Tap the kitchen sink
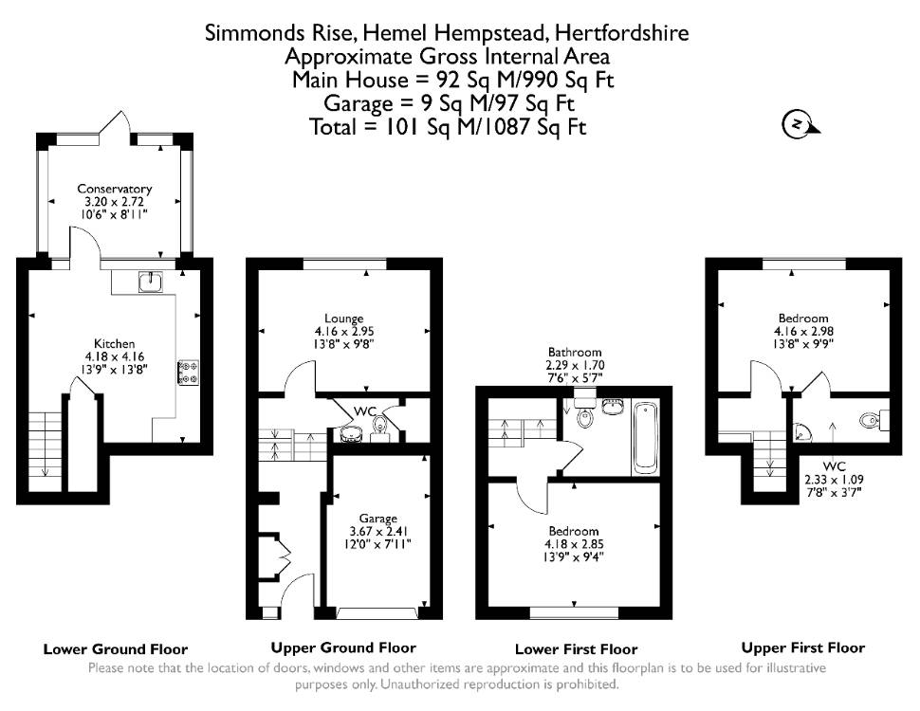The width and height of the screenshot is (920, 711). [151, 283]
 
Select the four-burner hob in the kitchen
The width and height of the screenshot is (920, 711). [189, 373]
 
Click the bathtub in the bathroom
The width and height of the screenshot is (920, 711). [645, 438]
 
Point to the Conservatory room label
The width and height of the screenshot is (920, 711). [115, 189]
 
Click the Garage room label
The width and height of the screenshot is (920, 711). [377, 519]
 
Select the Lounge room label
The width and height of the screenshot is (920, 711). [344, 319]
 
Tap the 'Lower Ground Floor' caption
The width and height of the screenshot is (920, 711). [116, 649]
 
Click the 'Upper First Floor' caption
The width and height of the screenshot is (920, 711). [803, 648]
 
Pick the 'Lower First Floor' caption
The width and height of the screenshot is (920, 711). [576, 649]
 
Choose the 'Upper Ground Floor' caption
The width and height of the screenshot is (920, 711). [343, 648]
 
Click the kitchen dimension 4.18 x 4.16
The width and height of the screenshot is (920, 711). [115, 356]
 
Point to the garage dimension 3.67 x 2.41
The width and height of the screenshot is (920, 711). [378, 532]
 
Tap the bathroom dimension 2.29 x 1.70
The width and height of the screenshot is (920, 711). [575, 365]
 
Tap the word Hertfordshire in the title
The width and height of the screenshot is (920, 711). [622, 32]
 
